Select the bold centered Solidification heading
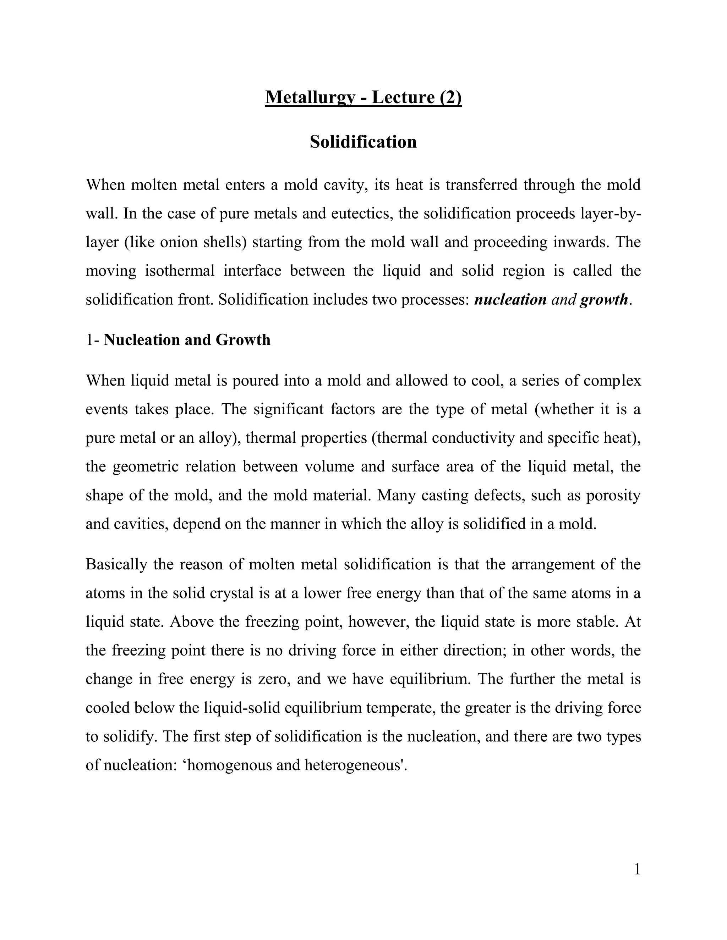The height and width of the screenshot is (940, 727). (363, 142)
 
